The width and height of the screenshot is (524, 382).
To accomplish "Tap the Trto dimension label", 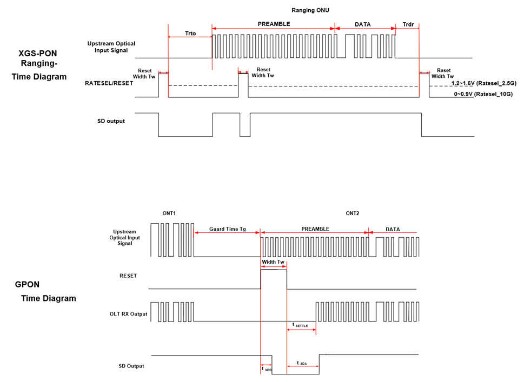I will [190, 33].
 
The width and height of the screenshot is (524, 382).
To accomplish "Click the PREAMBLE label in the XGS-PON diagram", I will [274, 24].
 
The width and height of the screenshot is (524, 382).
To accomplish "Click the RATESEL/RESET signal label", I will [109, 83].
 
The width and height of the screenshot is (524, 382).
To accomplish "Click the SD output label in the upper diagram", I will [110, 121].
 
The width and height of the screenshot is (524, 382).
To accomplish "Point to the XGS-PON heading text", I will [38, 53].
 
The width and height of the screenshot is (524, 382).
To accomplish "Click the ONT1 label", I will [169, 213].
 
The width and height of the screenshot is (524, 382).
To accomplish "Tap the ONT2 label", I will [352, 213].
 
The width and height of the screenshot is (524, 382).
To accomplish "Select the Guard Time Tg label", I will [227, 229].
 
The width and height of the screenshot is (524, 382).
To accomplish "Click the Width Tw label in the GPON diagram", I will [273, 262].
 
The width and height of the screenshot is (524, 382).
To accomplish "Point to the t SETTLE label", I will [300, 325].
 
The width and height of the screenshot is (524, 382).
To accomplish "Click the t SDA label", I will [302, 363].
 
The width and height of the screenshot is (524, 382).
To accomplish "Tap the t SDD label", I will [266, 368].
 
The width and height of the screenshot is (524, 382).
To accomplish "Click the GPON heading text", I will [27, 284].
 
